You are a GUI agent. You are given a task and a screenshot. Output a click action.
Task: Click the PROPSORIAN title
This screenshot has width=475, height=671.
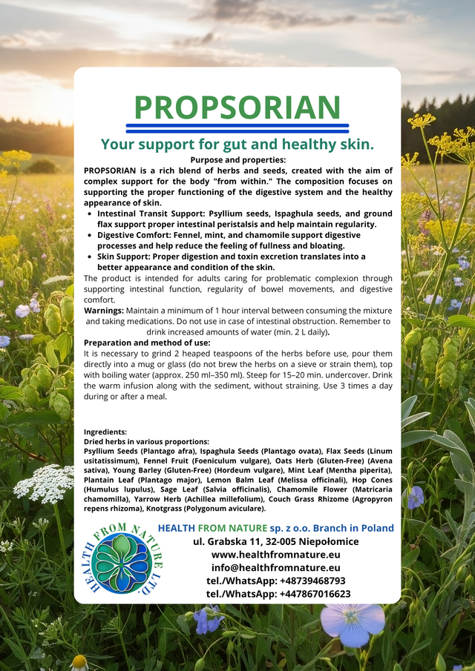[x=237, y=108]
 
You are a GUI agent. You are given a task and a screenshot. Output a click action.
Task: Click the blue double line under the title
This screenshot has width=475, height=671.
[x=237, y=128]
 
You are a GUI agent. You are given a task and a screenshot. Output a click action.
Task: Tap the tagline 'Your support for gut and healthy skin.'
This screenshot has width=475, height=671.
[x=237, y=144]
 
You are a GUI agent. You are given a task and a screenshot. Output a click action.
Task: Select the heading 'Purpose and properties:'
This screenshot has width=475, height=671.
[x=237, y=159]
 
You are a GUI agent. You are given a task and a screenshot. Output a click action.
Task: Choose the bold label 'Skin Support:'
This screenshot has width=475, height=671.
[x=125, y=257]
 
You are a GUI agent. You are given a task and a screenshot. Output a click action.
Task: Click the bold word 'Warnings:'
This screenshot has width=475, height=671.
[x=104, y=310]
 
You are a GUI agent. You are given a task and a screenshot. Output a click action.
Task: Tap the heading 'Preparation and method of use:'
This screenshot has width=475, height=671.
[x=147, y=343]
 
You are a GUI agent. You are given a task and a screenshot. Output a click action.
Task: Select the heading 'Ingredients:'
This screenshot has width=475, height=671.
[x=105, y=432]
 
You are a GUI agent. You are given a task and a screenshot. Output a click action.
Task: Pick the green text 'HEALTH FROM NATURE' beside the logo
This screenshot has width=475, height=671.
[x=212, y=528]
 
